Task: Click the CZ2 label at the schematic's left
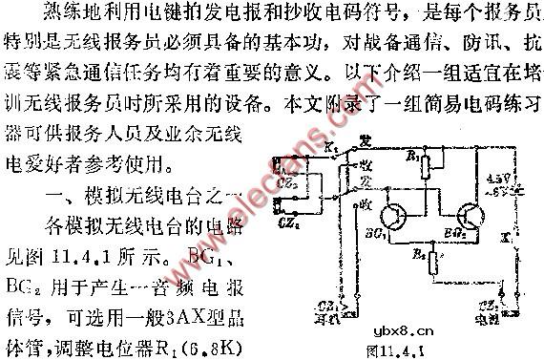[x=282, y=180]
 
